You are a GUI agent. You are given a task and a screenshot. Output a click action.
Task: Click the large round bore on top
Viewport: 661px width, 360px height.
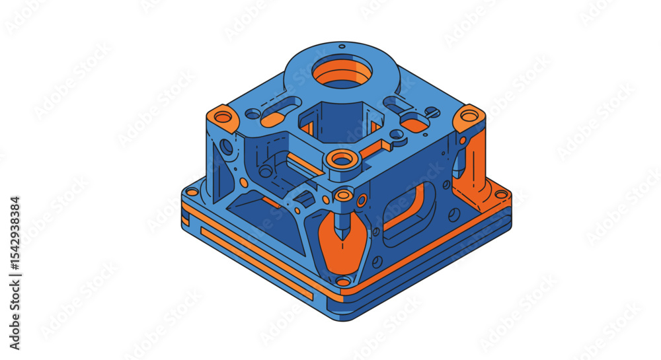(342, 72)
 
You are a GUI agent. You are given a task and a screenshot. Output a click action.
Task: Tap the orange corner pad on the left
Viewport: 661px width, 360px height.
(223, 118)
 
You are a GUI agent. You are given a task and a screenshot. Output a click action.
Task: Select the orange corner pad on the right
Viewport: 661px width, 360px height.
(469, 116)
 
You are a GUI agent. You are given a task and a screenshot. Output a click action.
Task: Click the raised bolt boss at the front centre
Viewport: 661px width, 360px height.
(342, 159)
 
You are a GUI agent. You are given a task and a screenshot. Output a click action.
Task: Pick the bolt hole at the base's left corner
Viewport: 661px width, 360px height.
(192, 192)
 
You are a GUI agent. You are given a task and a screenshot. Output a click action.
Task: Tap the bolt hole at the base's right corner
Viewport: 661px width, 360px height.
(501, 194)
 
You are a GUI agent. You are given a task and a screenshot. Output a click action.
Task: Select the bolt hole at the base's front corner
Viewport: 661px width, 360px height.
(343, 281)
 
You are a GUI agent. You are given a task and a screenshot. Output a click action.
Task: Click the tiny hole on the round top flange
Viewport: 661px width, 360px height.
(342, 46)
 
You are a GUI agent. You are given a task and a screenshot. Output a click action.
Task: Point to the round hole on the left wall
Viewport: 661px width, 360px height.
(227, 147)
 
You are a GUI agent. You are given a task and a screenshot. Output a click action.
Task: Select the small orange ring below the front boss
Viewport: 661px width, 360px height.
(344, 195)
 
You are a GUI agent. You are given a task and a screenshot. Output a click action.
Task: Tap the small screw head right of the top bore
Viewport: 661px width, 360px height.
(431, 112)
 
